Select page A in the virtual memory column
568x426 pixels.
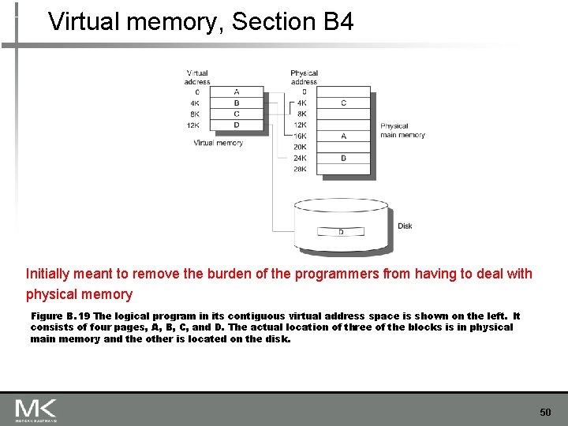point(237,92)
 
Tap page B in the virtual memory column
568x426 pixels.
point(237,103)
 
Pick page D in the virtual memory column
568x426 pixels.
point(237,125)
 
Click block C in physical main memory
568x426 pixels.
point(343,103)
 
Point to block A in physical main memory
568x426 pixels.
point(343,136)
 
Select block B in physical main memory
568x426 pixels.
point(343,158)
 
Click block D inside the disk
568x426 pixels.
point(341,232)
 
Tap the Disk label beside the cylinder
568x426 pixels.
point(405,226)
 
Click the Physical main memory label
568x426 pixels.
point(402,130)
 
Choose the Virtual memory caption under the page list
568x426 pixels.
point(218,143)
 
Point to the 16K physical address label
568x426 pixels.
point(300,136)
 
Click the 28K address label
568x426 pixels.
point(300,169)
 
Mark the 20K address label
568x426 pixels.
point(300,147)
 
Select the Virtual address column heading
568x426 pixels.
point(197,77)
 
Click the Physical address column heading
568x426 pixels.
point(304,77)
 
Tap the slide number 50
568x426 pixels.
point(545,413)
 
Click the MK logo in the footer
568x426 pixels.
point(35,409)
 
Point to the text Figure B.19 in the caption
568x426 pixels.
point(61,316)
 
